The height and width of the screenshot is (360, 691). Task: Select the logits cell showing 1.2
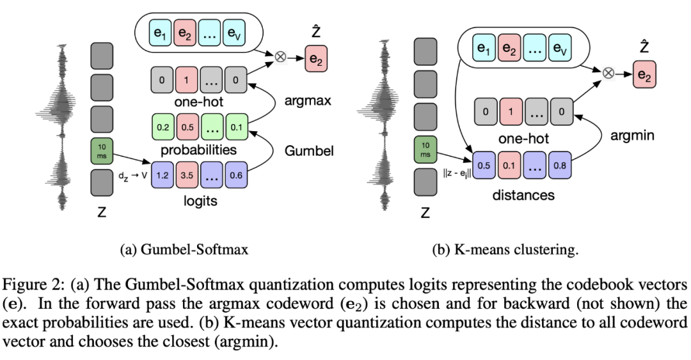point(163,175)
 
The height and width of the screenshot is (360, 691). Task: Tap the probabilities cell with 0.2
point(163,127)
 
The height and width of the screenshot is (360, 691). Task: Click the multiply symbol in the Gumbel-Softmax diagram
point(280,56)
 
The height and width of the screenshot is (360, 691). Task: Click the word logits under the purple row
point(200,201)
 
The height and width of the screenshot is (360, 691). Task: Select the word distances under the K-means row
point(523,194)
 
